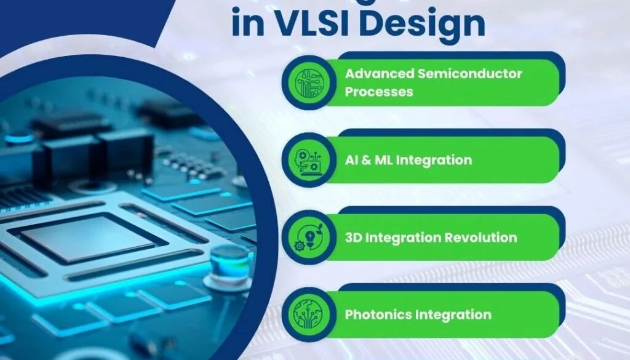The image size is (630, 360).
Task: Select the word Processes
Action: pos(378,92)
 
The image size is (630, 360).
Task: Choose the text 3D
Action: pos(354,238)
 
